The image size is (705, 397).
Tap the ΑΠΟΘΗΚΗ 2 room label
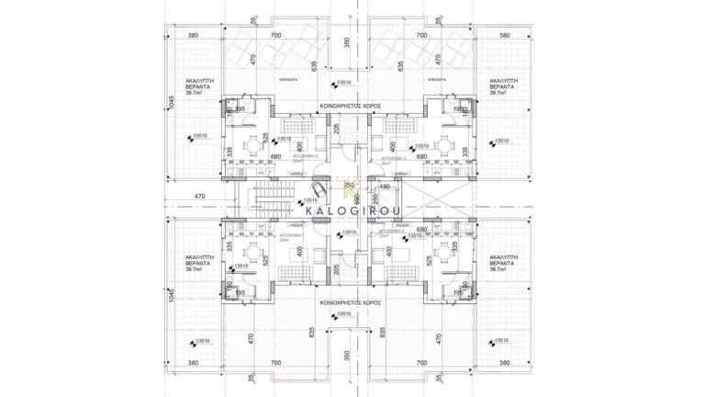pyautogui.click(x=293, y=157)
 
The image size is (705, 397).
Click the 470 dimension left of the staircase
pyautogui.click(x=200, y=196)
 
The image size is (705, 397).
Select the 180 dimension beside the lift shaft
pyautogui.click(x=385, y=187)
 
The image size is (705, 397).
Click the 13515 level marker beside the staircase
pyautogui.click(x=310, y=200)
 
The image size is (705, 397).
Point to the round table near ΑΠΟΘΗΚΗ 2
pyautogui.click(x=252, y=143)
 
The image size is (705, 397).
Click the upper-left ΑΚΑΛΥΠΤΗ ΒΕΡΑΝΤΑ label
pyautogui.click(x=200, y=86)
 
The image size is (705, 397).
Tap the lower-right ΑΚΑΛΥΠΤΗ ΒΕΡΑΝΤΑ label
pyautogui.click(x=505, y=265)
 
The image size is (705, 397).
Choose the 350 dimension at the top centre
pyautogui.click(x=346, y=41)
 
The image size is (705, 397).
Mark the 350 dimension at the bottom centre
pyautogui.click(x=346, y=354)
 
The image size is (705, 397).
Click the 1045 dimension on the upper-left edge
pyautogui.click(x=171, y=106)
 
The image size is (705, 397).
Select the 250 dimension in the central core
pyautogui.click(x=373, y=198)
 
